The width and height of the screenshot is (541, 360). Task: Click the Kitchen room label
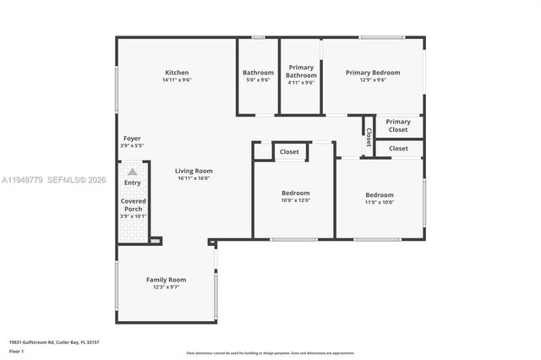[x=177, y=73]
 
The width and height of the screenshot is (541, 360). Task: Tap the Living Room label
[x=194, y=171]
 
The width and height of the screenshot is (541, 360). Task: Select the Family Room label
[x=166, y=280]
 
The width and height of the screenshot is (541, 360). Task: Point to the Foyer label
[x=132, y=138]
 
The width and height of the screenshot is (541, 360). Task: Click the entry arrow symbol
[x=132, y=172]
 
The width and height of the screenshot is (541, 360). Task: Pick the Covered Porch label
[x=133, y=205]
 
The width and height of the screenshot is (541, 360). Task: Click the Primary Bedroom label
[x=372, y=73]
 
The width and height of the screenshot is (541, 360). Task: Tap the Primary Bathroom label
[x=301, y=71]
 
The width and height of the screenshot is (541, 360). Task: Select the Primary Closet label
[x=398, y=126]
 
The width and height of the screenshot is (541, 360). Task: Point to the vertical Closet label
[x=369, y=137]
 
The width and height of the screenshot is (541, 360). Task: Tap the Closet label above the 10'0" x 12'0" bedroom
[x=289, y=152]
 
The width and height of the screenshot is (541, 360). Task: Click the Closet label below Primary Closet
[x=398, y=149]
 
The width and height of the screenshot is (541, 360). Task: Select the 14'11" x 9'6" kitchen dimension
[x=177, y=80]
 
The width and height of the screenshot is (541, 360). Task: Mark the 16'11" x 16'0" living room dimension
[x=194, y=178]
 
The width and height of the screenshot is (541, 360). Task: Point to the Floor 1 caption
[x=18, y=352]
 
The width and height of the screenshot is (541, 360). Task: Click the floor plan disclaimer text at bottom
[x=270, y=353]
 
